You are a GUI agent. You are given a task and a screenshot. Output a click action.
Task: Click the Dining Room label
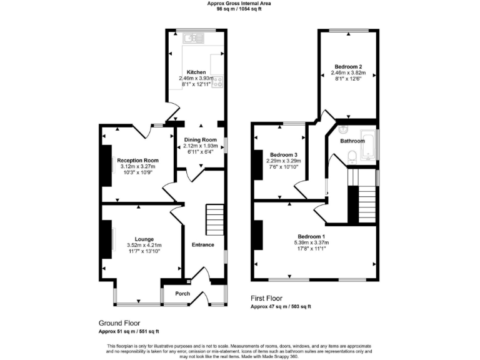(x=200, y=139)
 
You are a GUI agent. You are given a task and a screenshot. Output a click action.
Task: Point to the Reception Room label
(x=137, y=160)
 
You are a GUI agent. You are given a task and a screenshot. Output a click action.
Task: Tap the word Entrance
(x=202, y=245)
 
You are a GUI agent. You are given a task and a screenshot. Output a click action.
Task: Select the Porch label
(x=182, y=294)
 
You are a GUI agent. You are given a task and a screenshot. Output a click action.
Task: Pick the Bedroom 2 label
(x=347, y=66)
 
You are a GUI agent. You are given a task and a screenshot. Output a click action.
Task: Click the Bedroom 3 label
(x=284, y=154)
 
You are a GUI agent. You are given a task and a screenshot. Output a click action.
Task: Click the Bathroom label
(x=352, y=141)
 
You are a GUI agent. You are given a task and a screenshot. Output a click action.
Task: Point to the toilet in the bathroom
(x=352, y=157)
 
